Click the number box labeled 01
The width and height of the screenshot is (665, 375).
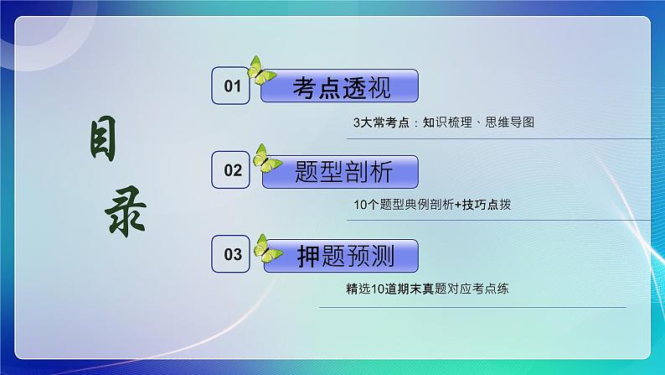tap(231, 86)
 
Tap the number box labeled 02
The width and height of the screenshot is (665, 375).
tap(231, 170)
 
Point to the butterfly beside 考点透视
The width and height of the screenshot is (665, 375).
tap(261, 71)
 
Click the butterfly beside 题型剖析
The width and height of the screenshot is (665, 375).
tap(266, 159)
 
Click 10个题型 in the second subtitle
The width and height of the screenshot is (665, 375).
tap(375, 205)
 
